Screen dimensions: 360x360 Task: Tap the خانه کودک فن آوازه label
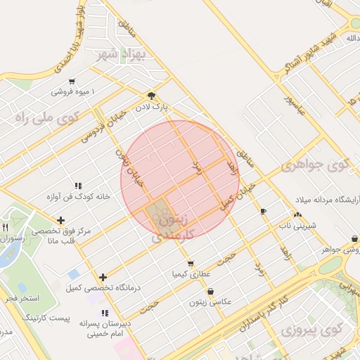(x=76, y=197)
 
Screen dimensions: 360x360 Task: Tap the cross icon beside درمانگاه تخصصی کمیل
(x=104, y=278)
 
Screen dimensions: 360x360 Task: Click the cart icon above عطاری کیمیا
(x=190, y=264)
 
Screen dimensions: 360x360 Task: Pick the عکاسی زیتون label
(x=210, y=302)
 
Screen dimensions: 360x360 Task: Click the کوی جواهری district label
(x=314, y=166)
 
